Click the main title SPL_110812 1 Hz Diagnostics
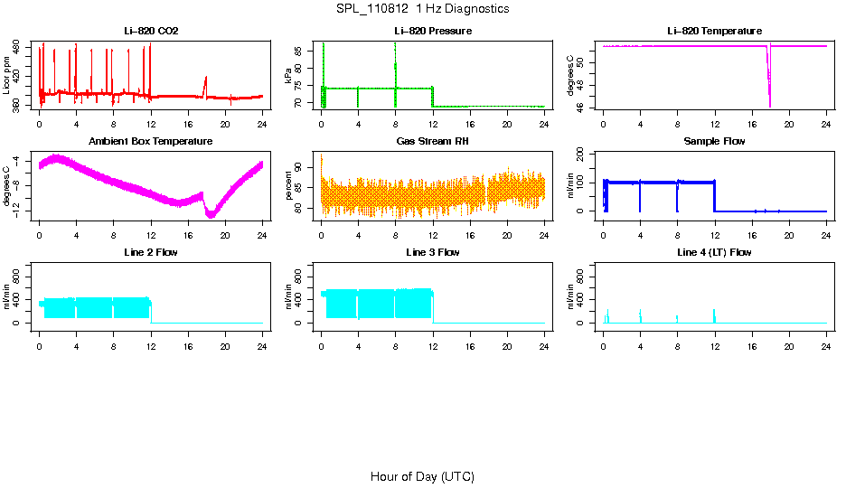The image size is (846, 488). (422, 9)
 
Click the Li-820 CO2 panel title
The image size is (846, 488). (151, 32)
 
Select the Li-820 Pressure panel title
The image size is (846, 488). (432, 32)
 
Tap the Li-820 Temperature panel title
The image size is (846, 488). (714, 32)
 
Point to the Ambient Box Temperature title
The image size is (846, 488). (151, 142)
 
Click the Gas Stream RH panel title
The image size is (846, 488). (432, 142)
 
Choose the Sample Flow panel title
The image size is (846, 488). (714, 142)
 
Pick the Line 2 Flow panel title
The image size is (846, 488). (151, 252)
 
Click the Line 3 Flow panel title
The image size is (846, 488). (432, 252)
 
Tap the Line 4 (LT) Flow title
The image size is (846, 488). (714, 252)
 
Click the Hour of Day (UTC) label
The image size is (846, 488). (422, 476)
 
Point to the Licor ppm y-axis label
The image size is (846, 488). (7, 76)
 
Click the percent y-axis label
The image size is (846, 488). (289, 186)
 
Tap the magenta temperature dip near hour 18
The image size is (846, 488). (769, 86)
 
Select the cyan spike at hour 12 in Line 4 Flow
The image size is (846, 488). (714, 314)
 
